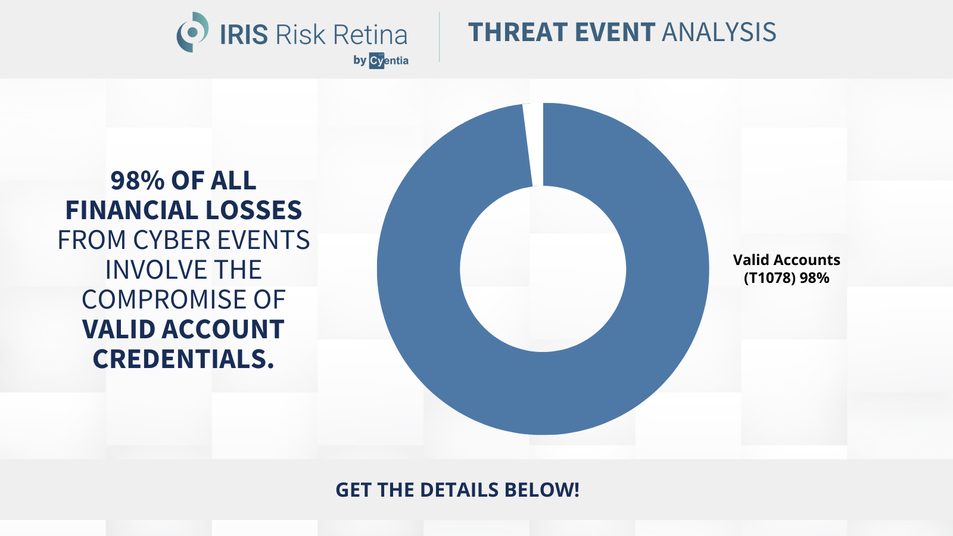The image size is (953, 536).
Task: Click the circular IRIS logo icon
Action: click(192, 32)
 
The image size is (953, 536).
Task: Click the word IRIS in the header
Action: click(244, 35)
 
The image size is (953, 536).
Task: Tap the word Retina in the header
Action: click(370, 35)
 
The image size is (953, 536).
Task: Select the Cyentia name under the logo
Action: click(388, 61)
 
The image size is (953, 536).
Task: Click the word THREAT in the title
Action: click(518, 32)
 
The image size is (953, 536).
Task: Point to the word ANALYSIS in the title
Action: click(719, 32)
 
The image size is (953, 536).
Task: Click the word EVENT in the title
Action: click(615, 32)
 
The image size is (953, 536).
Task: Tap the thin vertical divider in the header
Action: click(439, 37)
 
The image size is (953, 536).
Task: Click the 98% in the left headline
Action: click(138, 180)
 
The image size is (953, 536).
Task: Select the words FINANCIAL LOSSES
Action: click(183, 210)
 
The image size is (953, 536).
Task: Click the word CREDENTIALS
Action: click(183, 359)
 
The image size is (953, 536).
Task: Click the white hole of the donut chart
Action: click(543, 269)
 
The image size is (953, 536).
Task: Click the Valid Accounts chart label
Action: click(786, 260)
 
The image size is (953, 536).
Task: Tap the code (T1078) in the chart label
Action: click(770, 278)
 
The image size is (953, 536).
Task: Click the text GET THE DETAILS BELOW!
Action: click(457, 490)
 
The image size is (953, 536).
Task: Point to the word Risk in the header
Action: click(301, 35)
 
